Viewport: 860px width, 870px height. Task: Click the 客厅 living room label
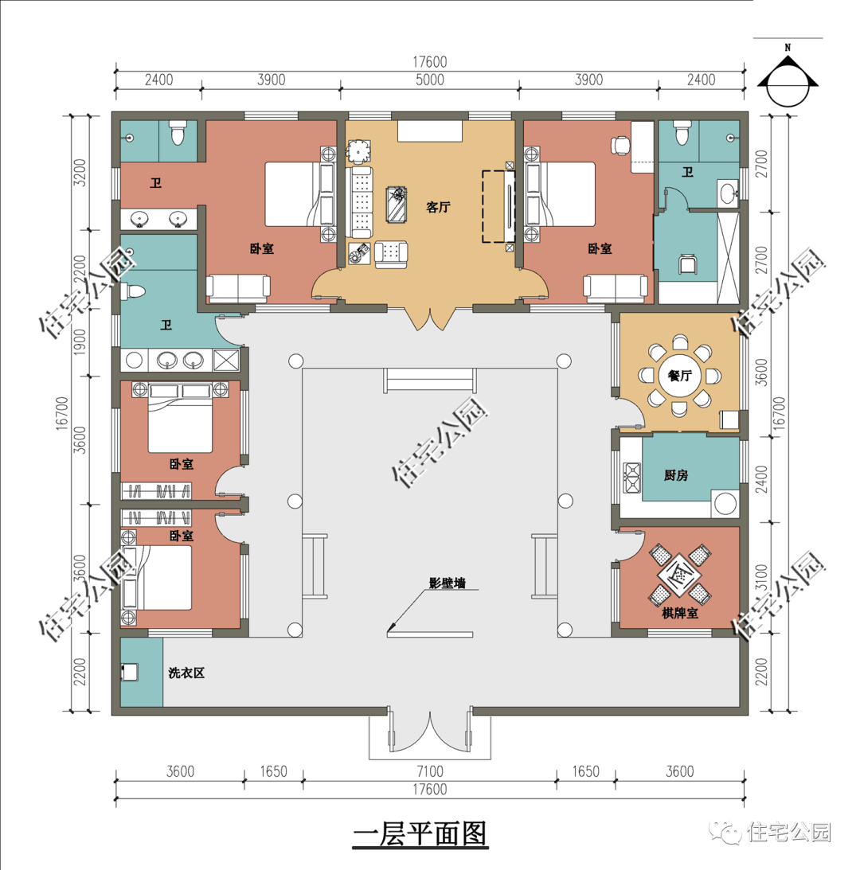pyautogui.click(x=438, y=207)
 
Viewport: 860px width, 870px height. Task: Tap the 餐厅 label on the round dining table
pyautogui.click(x=679, y=376)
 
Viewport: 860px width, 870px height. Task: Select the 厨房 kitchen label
pyautogui.click(x=676, y=475)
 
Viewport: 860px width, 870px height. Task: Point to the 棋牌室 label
pyautogui.click(x=679, y=613)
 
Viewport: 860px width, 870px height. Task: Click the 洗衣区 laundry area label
pyautogui.click(x=186, y=673)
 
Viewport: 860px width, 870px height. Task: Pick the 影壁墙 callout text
pyautogui.click(x=447, y=583)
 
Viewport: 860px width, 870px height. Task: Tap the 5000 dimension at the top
pyautogui.click(x=430, y=80)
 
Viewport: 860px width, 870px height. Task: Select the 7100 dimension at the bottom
pyautogui.click(x=430, y=771)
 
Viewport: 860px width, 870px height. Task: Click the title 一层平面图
pyautogui.click(x=420, y=834)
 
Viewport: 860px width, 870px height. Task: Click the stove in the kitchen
pyautogui.click(x=632, y=478)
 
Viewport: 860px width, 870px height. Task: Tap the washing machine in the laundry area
pyautogui.click(x=129, y=672)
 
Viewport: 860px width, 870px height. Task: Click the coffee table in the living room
pyautogui.click(x=397, y=205)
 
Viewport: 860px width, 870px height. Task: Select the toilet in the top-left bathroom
pyautogui.click(x=177, y=133)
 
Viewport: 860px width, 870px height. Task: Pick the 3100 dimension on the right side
pyautogui.click(x=761, y=578)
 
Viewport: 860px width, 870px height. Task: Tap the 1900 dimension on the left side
pyautogui.click(x=80, y=342)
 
